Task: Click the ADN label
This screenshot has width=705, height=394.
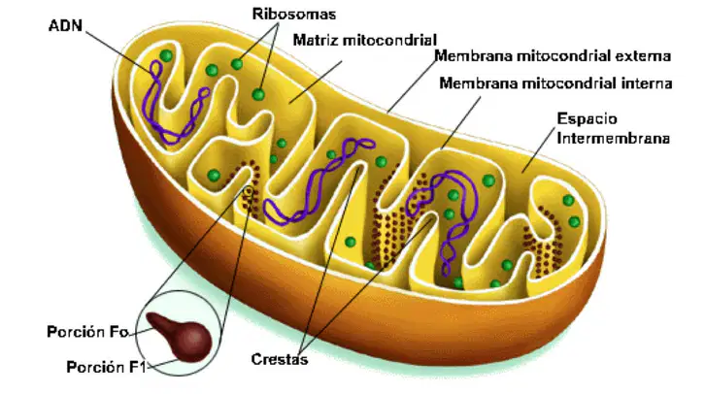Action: (x=65, y=25)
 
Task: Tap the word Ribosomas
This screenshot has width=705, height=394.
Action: (x=294, y=14)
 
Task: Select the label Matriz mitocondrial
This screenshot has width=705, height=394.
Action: (x=365, y=40)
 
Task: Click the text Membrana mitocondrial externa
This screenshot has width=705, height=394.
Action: (x=553, y=56)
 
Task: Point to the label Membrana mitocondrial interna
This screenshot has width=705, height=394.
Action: (x=555, y=83)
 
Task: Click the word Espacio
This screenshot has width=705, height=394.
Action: (x=587, y=118)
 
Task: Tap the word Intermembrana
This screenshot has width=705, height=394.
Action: (x=614, y=138)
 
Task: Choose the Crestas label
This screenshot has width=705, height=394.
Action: (x=280, y=359)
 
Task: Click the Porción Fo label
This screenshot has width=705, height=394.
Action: (x=87, y=332)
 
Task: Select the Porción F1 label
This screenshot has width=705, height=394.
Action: (x=106, y=367)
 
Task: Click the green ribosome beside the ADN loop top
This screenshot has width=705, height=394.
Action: (x=166, y=55)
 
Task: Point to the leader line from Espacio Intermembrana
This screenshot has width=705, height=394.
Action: (x=538, y=150)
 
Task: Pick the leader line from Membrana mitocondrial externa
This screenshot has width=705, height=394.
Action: (x=412, y=84)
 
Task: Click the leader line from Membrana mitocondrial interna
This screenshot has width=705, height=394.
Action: (x=460, y=122)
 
